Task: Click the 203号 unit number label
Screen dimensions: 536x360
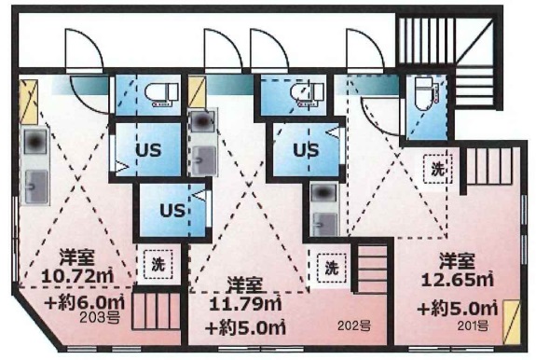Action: click(x=100, y=318)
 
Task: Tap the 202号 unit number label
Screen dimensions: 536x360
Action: click(x=354, y=325)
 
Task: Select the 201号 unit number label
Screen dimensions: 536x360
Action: click(x=473, y=325)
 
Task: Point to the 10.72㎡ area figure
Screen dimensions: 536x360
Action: click(x=77, y=276)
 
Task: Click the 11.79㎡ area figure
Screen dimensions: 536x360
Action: click(x=245, y=304)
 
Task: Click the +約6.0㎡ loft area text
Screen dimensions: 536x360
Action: click(x=84, y=302)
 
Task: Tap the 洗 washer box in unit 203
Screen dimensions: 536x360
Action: click(x=158, y=264)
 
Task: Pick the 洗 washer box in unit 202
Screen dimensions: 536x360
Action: click(x=331, y=268)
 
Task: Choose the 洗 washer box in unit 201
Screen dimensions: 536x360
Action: click(x=438, y=169)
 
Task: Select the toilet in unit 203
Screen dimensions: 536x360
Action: click(x=161, y=93)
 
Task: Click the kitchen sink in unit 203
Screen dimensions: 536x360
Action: click(x=35, y=187)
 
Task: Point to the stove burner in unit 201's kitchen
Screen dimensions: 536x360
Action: click(x=323, y=193)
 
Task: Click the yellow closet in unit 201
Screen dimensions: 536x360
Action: click(x=512, y=323)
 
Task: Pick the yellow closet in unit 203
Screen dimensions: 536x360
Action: click(x=28, y=102)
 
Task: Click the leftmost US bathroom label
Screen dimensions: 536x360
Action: click(x=148, y=150)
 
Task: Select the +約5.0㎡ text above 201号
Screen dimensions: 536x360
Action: click(x=458, y=309)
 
